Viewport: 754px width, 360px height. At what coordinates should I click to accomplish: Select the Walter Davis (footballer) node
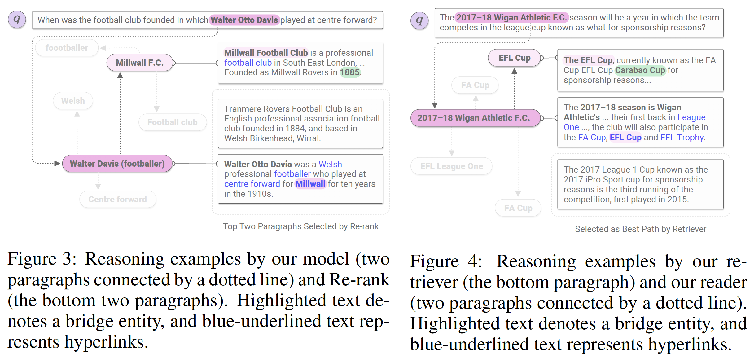(117, 164)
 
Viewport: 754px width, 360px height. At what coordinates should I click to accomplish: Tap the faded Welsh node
(73, 101)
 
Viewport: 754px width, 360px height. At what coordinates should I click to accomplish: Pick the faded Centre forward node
(117, 199)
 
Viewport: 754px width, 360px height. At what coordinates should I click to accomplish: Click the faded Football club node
(172, 122)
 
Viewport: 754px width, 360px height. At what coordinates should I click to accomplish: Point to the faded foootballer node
(67, 48)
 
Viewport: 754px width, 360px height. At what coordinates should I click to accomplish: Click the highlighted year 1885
(350, 72)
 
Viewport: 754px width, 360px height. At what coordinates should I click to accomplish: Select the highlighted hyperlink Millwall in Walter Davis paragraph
(310, 184)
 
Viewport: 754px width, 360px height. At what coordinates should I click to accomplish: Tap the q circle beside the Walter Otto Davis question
(17, 20)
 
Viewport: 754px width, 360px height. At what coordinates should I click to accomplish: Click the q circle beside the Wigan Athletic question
(419, 20)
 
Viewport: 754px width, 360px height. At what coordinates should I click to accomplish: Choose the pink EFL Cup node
(514, 58)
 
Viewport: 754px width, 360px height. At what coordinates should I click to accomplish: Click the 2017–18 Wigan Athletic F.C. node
(474, 118)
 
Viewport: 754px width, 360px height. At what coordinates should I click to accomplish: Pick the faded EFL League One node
(451, 166)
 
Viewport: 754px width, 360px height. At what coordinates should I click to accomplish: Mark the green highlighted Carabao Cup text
(640, 70)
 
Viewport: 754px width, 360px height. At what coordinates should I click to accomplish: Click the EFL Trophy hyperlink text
(682, 137)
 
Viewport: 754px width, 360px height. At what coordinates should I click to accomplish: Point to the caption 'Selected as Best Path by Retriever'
(640, 229)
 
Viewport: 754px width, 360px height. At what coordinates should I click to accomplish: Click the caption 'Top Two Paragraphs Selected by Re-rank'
(300, 226)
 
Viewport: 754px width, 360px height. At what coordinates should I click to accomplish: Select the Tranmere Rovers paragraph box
(300, 123)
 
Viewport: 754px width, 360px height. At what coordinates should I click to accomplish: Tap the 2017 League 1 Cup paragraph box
(640, 184)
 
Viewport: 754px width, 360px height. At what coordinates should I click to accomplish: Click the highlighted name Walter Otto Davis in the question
(244, 20)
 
